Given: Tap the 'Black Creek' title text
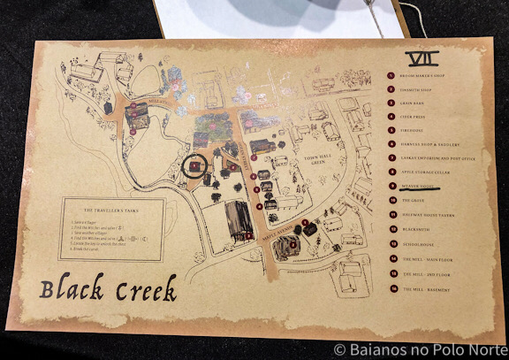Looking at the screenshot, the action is (108, 288).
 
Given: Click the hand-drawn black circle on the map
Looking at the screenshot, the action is (194, 165).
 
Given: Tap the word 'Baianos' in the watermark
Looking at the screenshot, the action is (380, 349).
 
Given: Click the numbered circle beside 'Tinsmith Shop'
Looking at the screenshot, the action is (390, 89).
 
